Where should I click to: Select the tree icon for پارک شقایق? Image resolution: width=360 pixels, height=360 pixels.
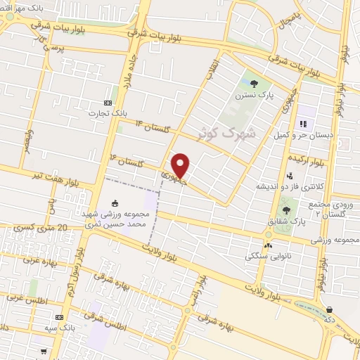286,209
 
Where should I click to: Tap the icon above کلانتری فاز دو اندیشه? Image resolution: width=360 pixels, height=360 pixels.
290,176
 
